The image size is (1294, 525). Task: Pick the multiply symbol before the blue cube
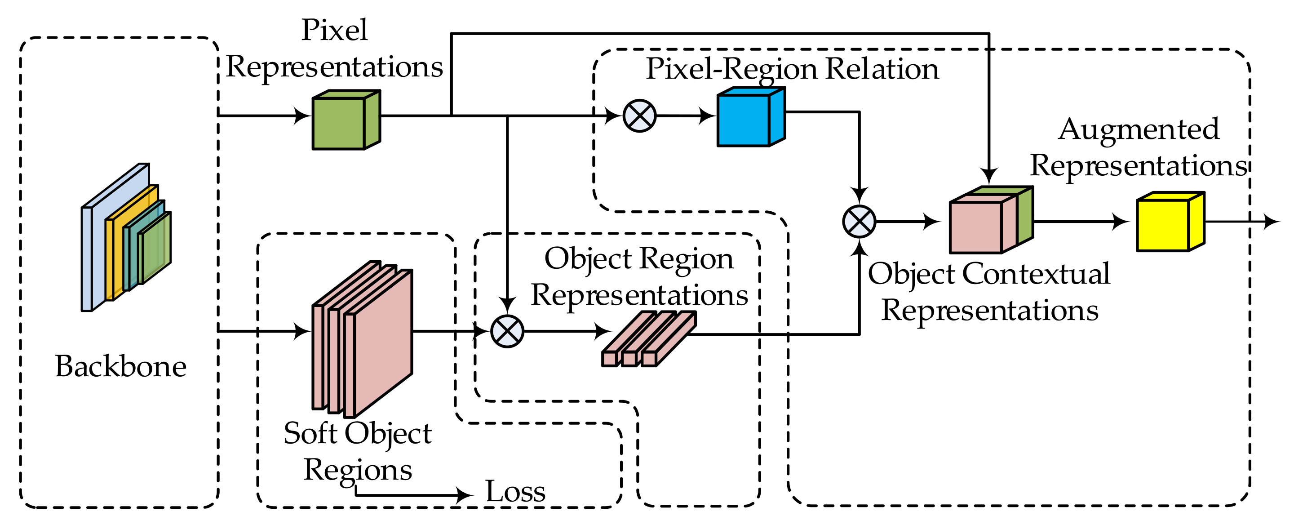(x=639, y=116)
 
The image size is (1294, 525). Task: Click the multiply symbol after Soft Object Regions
(x=507, y=332)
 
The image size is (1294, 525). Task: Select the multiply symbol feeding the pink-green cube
(x=859, y=222)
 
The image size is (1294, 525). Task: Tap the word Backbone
(x=120, y=366)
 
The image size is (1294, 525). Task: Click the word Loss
(x=515, y=491)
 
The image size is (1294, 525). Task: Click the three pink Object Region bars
(x=648, y=339)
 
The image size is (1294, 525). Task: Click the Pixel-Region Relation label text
(x=792, y=69)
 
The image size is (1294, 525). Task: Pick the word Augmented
(x=1139, y=129)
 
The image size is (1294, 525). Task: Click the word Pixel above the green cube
(x=335, y=30)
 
